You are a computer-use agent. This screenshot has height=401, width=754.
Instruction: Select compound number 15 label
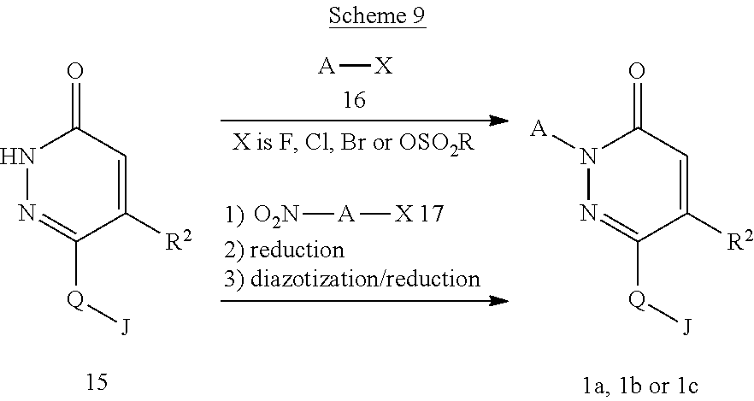(97, 381)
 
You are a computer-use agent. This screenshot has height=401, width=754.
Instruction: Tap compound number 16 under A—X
(354, 101)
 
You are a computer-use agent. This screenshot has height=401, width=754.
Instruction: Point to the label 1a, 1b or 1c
(642, 381)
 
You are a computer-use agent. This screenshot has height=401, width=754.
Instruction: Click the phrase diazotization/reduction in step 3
(375, 278)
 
